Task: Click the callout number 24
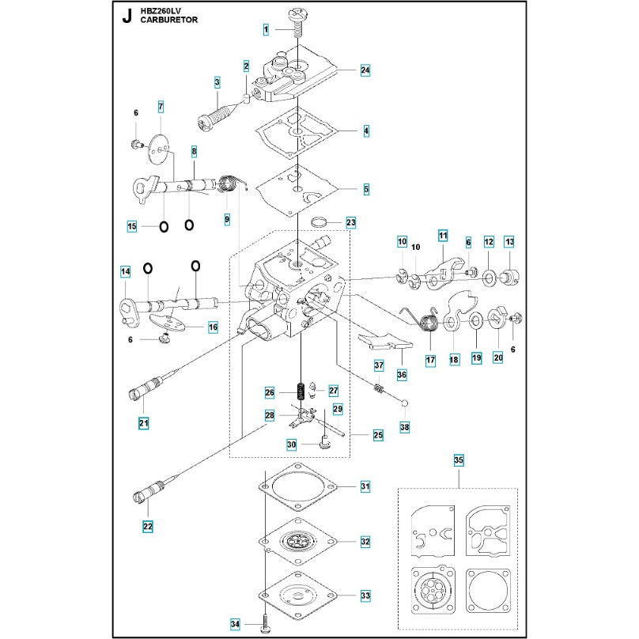coord(365,70)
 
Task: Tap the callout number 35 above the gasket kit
coord(459,460)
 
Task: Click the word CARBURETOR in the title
coord(169,20)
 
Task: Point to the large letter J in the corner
coord(127,17)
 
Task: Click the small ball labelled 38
coord(405,403)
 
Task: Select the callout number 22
coord(148,526)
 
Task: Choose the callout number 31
coord(365,486)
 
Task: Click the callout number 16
coord(213,327)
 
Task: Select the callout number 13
coord(509,242)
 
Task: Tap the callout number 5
coord(366,189)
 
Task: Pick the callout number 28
coord(270,416)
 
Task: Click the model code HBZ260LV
coord(161,11)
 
